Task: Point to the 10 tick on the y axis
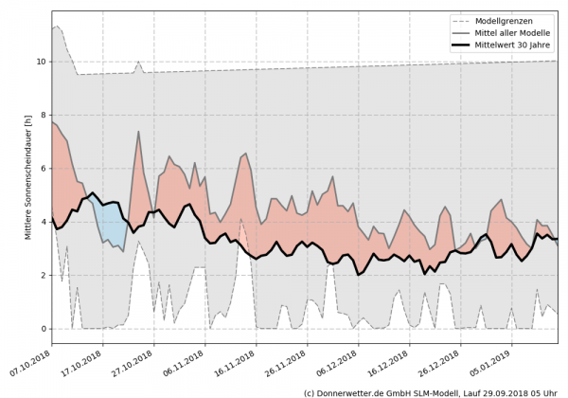pos(41,62)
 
